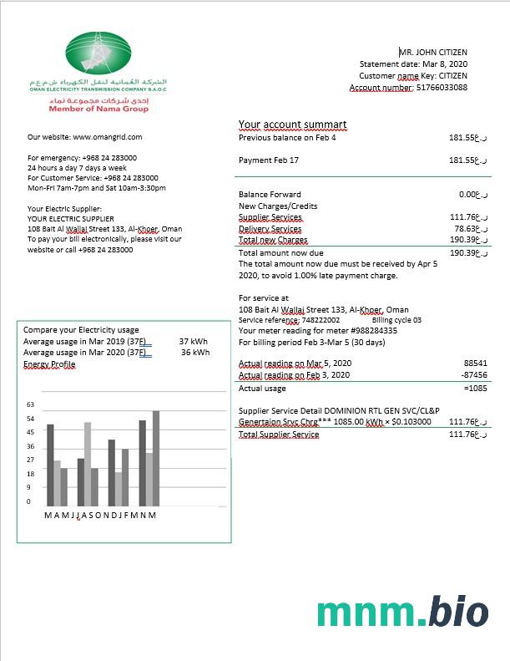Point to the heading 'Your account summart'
pyautogui.click(x=292, y=125)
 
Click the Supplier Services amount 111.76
pyautogui.click(x=462, y=217)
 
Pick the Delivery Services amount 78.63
pyautogui.click(x=465, y=228)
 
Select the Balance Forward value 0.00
pyautogui.click(x=467, y=194)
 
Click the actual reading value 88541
pyautogui.click(x=475, y=364)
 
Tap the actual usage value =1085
pyautogui.click(x=473, y=388)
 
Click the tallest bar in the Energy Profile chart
pyautogui.click(x=155, y=458)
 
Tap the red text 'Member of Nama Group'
pyautogui.click(x=98, y=109)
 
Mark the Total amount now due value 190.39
pyautogui.click(x=462, y=252)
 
